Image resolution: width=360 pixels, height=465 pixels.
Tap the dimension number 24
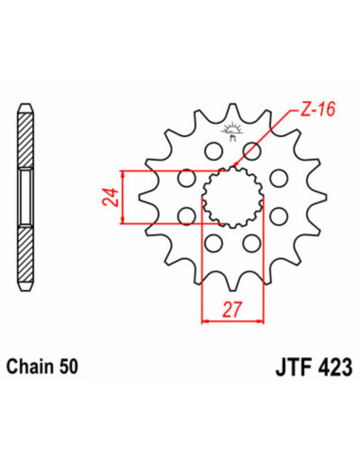point(109,198)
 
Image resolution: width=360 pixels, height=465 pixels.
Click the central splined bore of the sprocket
point(229,198)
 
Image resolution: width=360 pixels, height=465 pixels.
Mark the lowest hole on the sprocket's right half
point(251,245)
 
